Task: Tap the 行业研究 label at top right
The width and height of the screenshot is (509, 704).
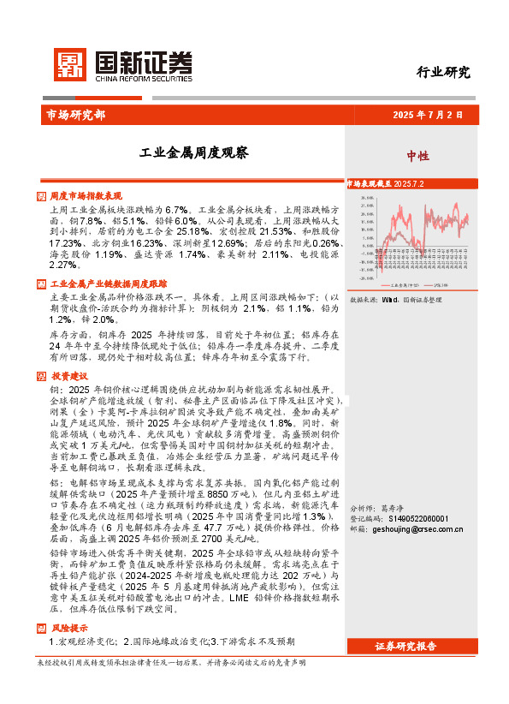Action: click(x=443, y=72)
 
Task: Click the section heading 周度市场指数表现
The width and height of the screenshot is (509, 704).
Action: click(x=86, y=196)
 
